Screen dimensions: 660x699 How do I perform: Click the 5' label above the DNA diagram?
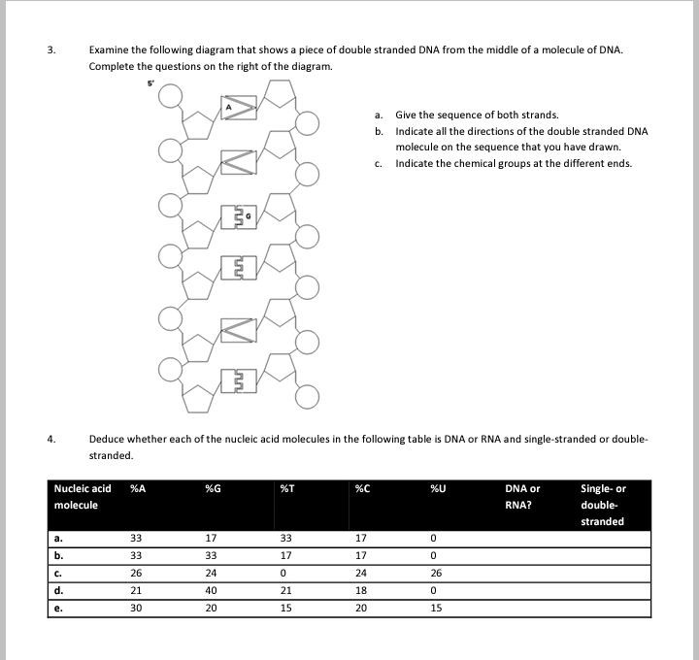coord(150,82)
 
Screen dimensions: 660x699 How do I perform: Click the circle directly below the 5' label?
coord(170,94)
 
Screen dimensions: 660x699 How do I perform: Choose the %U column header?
coord(437,488)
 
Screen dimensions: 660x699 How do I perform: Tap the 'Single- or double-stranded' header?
coord(603,505)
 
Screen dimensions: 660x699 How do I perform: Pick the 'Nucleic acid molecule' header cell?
coord(83,496)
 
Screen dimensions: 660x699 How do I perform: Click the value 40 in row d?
coord(211,590)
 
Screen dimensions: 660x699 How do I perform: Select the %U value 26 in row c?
coord(436,573)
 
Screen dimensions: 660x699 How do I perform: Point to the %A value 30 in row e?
coord(137,608)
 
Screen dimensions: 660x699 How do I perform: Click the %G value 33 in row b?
coord(211,555)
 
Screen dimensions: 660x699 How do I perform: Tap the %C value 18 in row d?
coord(361,590)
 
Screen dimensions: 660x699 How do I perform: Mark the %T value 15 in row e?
coord(286,608)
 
